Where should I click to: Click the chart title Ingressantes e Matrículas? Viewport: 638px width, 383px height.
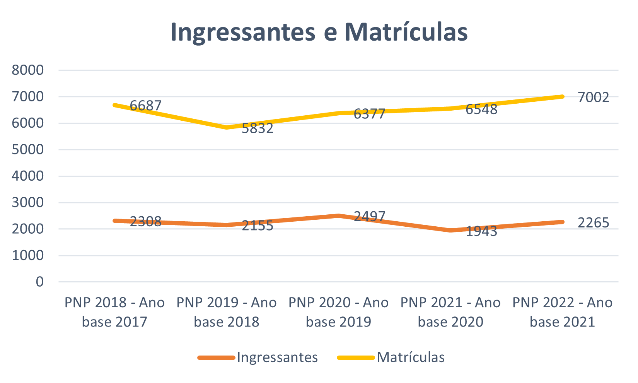point(319,32)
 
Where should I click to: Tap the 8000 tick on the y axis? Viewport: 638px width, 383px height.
point(28,70)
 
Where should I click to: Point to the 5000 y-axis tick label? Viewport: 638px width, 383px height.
point(28,149)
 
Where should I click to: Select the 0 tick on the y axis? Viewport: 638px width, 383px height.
point(39,282)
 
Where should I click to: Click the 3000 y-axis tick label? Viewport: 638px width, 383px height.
point(28,202)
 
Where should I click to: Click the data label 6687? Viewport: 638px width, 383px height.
point(145,105)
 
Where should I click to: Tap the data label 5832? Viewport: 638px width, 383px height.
point(258,128)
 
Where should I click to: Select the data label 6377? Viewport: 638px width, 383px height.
point(369,114)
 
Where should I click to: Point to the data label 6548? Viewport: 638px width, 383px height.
point(481,109)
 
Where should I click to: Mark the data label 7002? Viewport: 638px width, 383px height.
point(593,97)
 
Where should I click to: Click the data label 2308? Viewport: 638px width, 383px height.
point(145,221)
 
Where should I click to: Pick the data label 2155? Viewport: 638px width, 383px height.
point(258,225)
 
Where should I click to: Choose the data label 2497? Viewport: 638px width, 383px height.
point(369,216)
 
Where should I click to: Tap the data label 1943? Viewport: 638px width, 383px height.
point(481,231)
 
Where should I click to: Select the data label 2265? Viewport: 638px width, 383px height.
point(593,222)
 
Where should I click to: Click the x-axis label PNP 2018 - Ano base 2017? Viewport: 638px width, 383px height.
point(114,312)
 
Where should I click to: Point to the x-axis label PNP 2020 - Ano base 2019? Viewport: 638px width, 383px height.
point(338,312)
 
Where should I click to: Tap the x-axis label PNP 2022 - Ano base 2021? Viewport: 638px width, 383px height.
point(562,312)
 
